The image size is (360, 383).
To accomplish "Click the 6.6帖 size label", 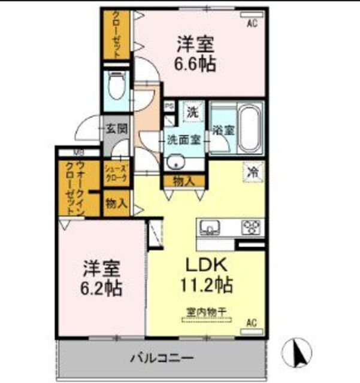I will pos(195,63).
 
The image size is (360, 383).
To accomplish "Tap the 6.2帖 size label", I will pos(102,288).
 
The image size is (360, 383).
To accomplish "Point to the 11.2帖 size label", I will pos(207,285).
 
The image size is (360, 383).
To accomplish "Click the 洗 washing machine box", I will pos(193,111).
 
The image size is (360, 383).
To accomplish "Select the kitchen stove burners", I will pos(251,227).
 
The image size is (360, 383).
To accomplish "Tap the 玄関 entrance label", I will pos(117,128).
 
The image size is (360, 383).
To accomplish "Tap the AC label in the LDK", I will pos(252,323).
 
